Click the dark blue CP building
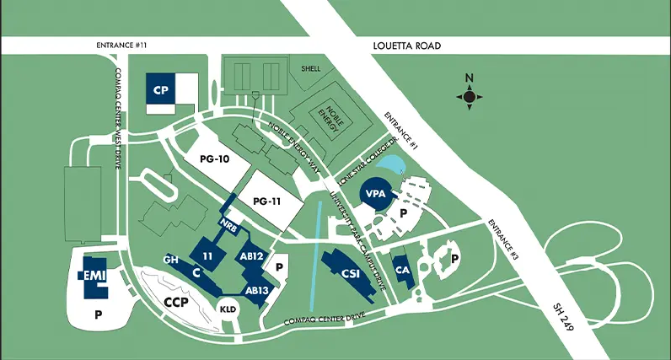tap(159, 89)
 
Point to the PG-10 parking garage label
tap(215, 159)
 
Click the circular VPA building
tap(375, 194)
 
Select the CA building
tap(402, 270)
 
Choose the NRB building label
tap(228, 224)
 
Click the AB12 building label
tap(252, 256)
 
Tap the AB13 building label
tap(256, 289)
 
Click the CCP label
tap(175, 301)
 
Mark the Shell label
tap(310, 69)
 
